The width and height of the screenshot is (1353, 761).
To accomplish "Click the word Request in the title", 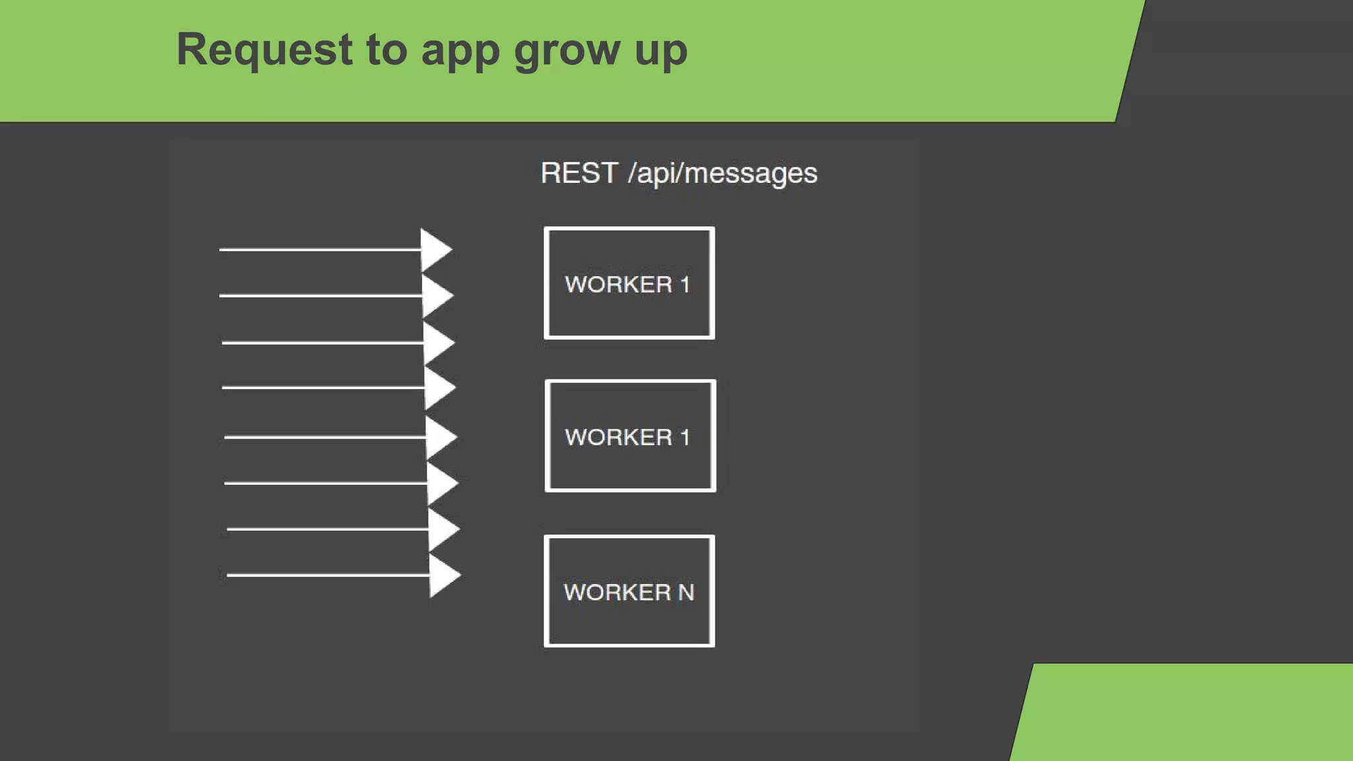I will coord(264,50).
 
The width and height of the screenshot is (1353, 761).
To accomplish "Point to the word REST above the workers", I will coord(579,173).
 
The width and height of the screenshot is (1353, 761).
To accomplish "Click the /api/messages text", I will coord(723,174).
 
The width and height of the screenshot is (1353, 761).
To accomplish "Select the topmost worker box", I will coord(629,283).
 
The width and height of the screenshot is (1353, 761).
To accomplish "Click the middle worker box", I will coord(630,436).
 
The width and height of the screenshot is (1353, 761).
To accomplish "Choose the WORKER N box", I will coord(629,591).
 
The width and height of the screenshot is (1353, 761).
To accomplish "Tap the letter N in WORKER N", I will coord(686,592).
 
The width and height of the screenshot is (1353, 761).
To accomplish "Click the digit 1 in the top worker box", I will coord(685,285).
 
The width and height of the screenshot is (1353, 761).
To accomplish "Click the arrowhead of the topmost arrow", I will coord(435,250).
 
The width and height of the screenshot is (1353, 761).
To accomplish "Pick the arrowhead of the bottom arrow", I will coord(443,575).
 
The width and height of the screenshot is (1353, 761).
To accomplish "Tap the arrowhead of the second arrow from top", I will coord(436,295).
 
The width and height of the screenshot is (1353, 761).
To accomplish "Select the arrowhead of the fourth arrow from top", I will coord(439,388).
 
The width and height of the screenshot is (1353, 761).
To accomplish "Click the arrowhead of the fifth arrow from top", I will coord(440,437).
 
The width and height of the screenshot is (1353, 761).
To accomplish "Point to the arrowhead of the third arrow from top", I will coord(437,343).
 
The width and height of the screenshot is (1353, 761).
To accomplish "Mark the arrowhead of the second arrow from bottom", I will coord(443,529).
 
